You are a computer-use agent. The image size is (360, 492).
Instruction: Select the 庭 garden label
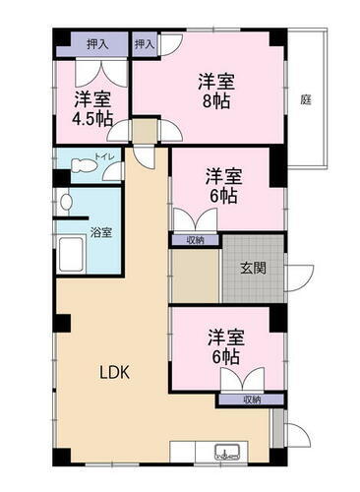point(306,99)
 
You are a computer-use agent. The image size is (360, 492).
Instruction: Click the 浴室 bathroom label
point(101,233)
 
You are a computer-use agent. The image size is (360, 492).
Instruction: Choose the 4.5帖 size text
point(90,118)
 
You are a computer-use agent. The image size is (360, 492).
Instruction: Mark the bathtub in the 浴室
point(73,259)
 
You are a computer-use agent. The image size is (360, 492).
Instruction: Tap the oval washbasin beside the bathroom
point(65,203)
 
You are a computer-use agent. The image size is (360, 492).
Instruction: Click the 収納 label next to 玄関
point(194,240)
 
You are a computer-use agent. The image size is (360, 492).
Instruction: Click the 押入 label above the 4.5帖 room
point(97,43)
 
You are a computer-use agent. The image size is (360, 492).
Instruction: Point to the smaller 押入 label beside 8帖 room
point(145,43)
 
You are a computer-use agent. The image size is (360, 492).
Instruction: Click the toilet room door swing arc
point(114,172)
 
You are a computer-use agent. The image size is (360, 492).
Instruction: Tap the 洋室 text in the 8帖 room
point(218,80)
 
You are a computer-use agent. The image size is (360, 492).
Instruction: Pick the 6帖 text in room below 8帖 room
point(223,196)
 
